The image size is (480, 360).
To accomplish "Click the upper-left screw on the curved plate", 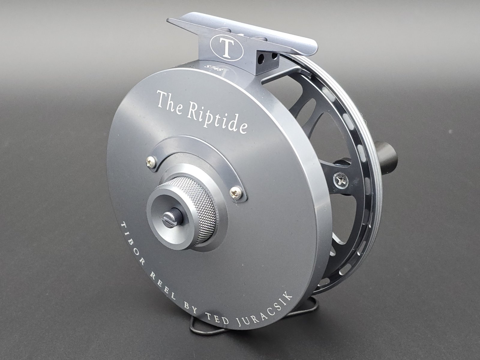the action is pyautogui.click(x=151, y=161).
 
